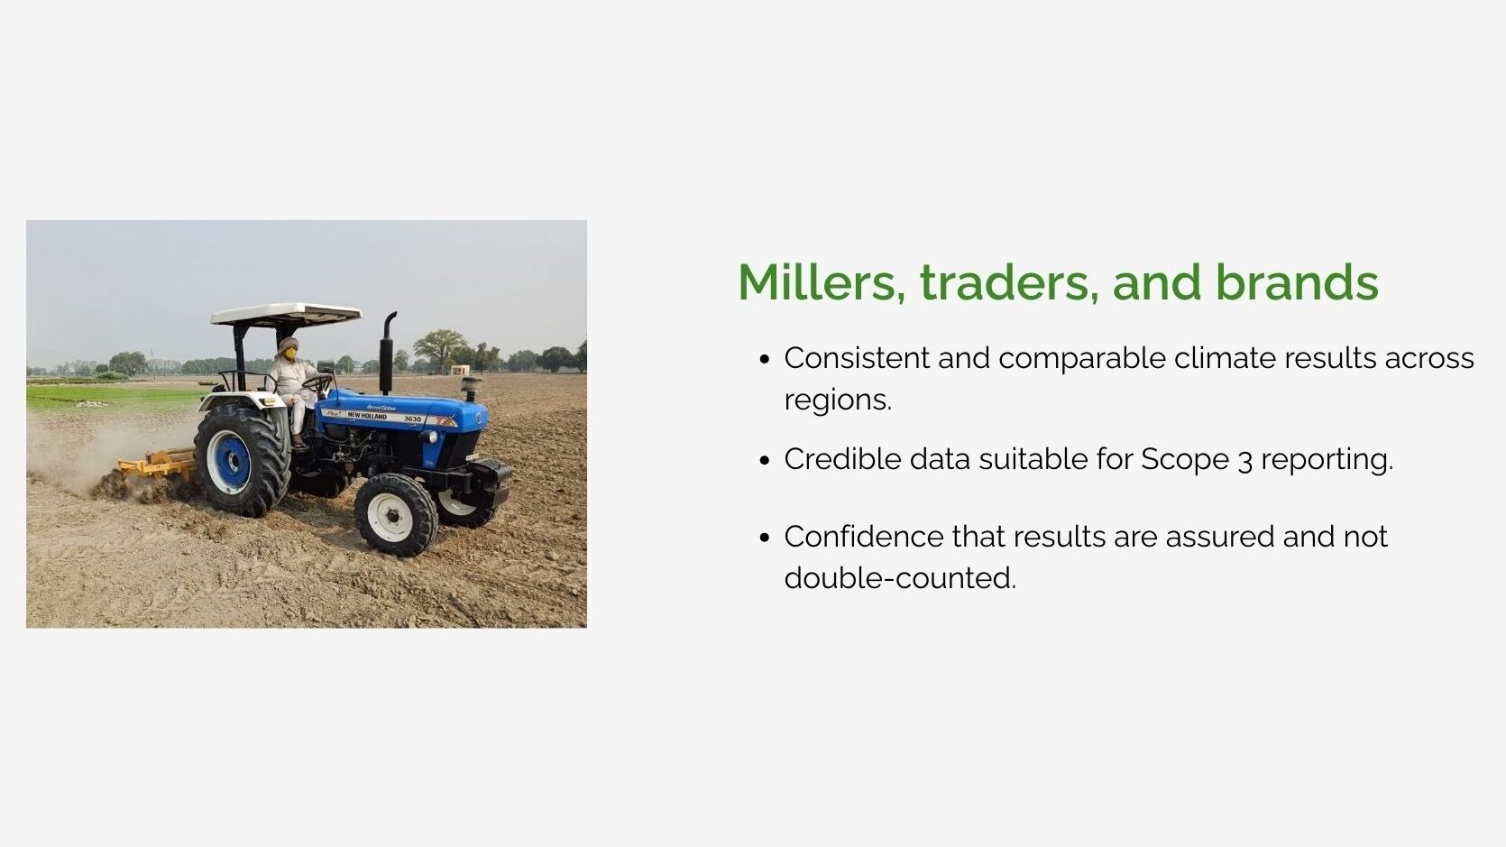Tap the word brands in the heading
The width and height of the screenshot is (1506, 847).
click(x=1297, y=282)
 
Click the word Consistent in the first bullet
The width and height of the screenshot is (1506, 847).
click(x=857, y=358)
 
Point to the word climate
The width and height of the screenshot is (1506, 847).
click(x=1225, y=358)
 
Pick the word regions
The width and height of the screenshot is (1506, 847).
click(x=838, y=401)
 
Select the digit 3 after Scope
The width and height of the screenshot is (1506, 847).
click(x=1244, y=462)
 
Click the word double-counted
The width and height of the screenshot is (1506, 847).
click(x=900, y=578)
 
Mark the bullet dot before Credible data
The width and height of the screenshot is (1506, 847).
click(x=764, y=461)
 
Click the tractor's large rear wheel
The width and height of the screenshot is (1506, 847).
click(x=242, y=460)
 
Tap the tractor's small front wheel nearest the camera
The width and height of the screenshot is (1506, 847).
click(x=395, y=515)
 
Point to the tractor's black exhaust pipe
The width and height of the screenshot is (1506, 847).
click(x=387, y=353)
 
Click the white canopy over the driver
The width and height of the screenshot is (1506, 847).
click(x=287, y=314)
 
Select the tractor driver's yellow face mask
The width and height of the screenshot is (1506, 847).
click(x=290, y=354)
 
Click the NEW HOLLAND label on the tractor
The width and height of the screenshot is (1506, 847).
click(x=366, y=416)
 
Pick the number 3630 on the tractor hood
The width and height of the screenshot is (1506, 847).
click(x=412, y=419)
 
